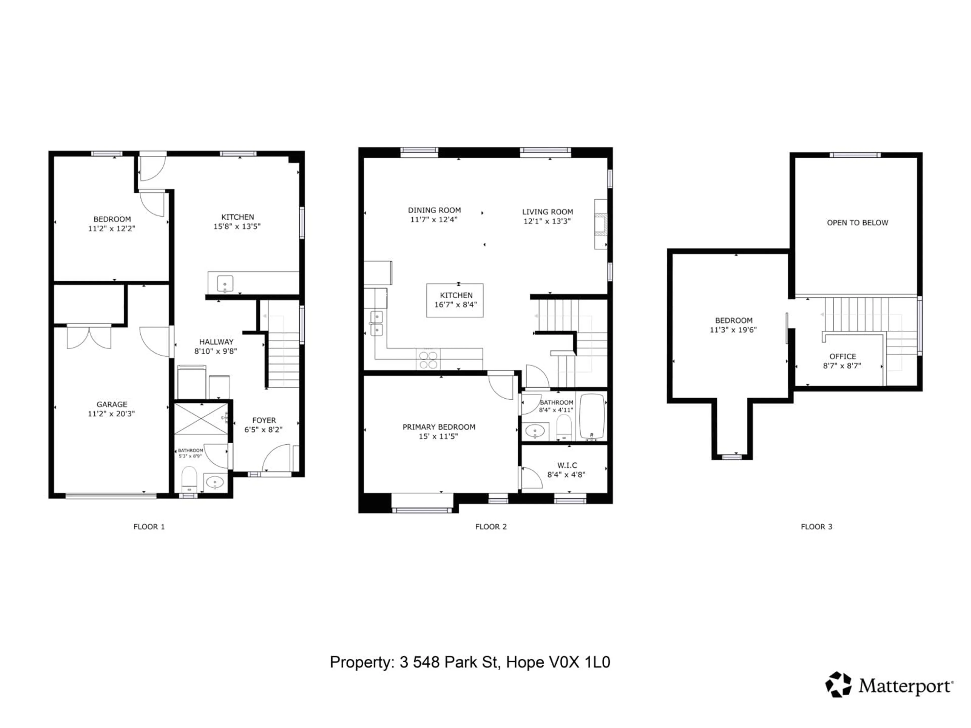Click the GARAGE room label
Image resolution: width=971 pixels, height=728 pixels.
(112, 404)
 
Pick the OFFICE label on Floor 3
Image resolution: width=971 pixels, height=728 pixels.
(842, 356)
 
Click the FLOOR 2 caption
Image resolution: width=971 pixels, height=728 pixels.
(491, 527)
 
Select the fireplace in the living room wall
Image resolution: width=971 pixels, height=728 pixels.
(601, 224)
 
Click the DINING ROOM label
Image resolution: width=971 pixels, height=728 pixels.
(434, 210)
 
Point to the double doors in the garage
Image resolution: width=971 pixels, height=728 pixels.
(89, 337)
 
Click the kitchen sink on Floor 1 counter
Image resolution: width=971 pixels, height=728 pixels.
(225, 283)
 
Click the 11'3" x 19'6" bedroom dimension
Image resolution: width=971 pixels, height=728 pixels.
(733, 330)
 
